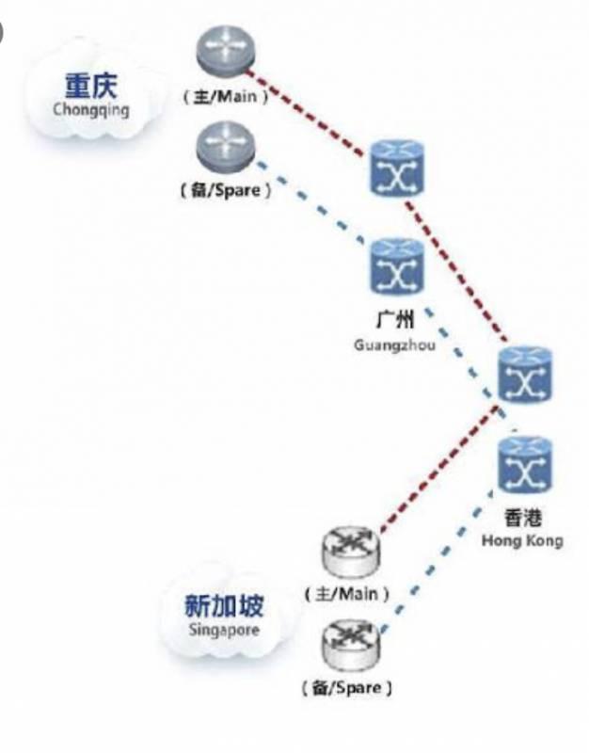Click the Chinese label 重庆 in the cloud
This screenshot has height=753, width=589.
point(90,85)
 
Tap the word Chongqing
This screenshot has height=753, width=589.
point(90,109)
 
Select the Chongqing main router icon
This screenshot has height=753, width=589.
point(225,51)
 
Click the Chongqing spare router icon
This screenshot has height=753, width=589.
point(225,146)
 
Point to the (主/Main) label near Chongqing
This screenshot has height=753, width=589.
point(225,97)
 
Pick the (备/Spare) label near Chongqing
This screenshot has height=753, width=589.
point(226,191)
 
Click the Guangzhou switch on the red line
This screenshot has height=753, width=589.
point(397,168)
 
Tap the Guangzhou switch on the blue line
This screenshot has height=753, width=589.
point(397,267)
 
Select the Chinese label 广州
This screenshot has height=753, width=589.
point(394,319)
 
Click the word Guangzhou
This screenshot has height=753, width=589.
point(394,344)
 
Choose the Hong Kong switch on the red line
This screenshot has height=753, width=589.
point(525,374)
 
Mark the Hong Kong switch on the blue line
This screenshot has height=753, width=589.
point(525,464)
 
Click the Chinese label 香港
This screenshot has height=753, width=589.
point(523,519)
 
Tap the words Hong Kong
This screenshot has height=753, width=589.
point(522,540)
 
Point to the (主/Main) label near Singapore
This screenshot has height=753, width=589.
point(346,595)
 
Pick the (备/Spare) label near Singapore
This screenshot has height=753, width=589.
point(347,688)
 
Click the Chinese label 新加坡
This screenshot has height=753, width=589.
point(224,606)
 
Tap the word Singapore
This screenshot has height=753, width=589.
point(224,630)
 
